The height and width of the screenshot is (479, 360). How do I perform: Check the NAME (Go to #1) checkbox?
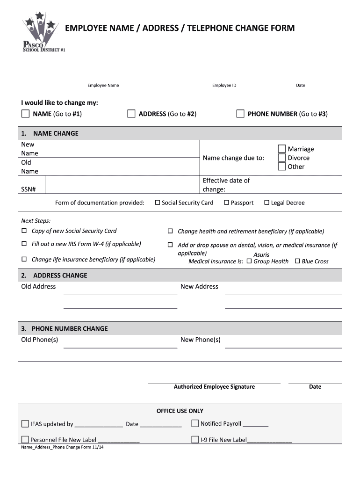(25, 114)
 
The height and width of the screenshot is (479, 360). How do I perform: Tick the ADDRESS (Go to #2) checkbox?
(131, 114)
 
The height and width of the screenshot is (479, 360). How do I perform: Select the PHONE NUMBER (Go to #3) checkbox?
(240, 114)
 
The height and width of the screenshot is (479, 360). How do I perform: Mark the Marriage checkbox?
(282, 149)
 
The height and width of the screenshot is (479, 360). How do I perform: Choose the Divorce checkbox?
(282, 158)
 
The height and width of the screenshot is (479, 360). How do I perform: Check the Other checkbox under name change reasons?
(282, 167)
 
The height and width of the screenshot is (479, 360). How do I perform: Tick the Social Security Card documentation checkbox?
(158, 203)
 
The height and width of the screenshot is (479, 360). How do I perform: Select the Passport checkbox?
(226, 203)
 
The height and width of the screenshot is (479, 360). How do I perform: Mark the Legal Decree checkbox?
(267, 203)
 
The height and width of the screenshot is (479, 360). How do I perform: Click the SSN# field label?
(27, 189)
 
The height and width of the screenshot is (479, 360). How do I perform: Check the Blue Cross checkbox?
(297, 261)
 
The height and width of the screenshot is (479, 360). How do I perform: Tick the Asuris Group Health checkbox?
(249, 261)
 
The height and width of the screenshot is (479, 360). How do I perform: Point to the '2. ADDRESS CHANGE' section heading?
(54, 276)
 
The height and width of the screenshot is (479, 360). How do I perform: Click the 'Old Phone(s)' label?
(40, 340)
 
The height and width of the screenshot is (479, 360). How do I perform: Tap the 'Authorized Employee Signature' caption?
(214, 387)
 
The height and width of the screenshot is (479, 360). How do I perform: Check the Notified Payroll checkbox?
(195, 424)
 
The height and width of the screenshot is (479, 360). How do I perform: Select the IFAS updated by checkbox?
(25, 424)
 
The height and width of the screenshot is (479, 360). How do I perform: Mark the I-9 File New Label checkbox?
(195, 440)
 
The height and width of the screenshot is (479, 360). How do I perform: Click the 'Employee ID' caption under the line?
(224, 86)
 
